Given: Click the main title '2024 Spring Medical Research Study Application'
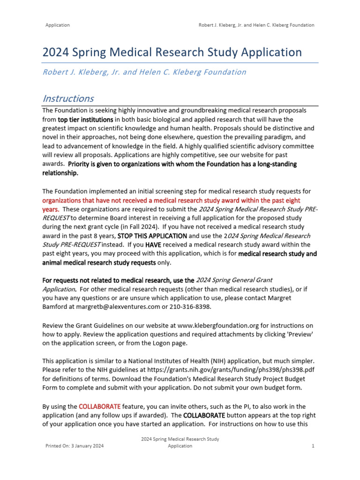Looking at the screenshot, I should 172,52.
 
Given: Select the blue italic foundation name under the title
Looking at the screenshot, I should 144,72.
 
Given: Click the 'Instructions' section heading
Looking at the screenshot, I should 68,98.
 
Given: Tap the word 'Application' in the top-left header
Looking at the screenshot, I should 58,25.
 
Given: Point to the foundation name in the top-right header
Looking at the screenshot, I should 257,25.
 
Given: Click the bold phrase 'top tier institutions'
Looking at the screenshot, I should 85,119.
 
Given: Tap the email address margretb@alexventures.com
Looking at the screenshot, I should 115,307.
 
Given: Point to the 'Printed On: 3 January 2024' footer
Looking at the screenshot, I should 75,446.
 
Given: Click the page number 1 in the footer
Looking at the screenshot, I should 313,446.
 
